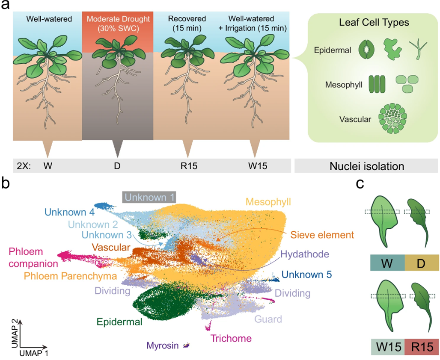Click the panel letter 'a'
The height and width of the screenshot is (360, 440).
(6, 7)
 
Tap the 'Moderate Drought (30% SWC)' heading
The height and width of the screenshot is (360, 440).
(117, 23)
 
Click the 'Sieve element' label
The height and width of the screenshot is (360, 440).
(321, 234)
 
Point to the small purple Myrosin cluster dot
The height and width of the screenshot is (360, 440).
(187, 345)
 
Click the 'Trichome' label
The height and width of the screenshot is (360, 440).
(230, 339)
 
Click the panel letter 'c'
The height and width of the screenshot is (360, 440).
(360, 183)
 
